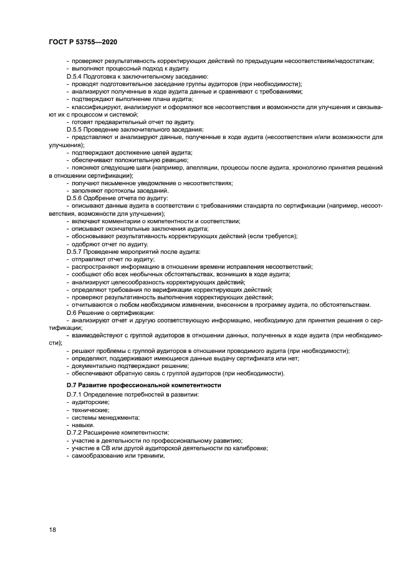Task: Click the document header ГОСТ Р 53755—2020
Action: tap(82, 39)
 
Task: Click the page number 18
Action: tap(52, 529)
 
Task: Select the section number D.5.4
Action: tap(76, 76)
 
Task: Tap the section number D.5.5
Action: tap(76, 129)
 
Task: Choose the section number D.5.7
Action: tap(76, 251)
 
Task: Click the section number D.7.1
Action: tap(76, 395)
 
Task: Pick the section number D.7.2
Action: tap(76, 433)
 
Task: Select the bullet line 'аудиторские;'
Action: tap(87, 402)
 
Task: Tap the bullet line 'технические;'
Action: tap(87, 410)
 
